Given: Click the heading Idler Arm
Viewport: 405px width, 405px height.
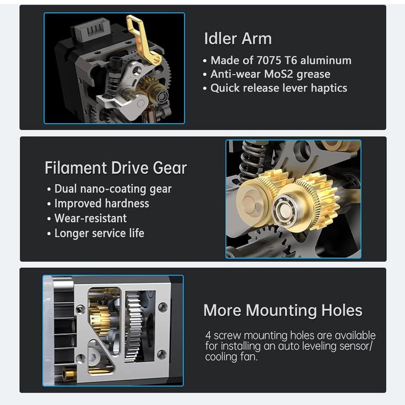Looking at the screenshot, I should tap(237, 39).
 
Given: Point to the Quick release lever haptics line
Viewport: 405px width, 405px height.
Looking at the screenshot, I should tap(278, 88).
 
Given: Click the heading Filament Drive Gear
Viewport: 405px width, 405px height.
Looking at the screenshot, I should tap(115, 168).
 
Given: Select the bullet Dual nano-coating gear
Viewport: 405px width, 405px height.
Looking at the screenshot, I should tap(112, 189).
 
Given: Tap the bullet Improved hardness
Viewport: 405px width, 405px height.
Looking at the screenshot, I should tap(101, 204).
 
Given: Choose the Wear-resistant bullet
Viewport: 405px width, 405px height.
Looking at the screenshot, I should tap(90, 218).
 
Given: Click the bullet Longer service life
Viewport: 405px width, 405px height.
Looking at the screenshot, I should tap(99, 233).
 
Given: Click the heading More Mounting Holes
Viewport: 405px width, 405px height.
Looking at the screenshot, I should tap(282, 310).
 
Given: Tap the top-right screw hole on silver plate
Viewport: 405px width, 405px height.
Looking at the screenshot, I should tap(163, 307).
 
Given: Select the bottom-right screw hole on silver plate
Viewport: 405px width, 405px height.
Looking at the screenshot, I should tap(161, 354).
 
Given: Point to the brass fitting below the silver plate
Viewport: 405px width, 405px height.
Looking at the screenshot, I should tap(70, 372).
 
